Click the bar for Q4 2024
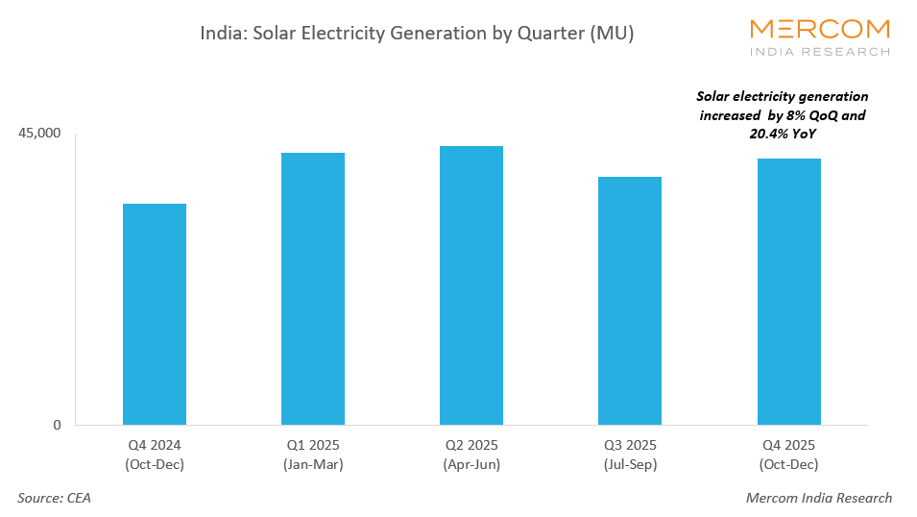tap(154, 314)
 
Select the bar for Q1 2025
tap(312, 288)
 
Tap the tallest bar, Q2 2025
tap(471, 285)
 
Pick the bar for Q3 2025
tap(629, 301)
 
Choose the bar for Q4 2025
tap(788, 291)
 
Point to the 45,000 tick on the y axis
tap(39, 133)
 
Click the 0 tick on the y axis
tap(56, 425)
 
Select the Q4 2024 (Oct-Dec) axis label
tap(154, 455)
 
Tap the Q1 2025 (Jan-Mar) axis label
tap(312, 455)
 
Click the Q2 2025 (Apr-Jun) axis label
tap(471, 455)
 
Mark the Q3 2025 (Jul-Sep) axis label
tap(629, 455)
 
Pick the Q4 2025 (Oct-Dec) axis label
tap(788, 455)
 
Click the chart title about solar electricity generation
tap(417, 33)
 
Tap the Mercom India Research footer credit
tap(818, 498)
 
